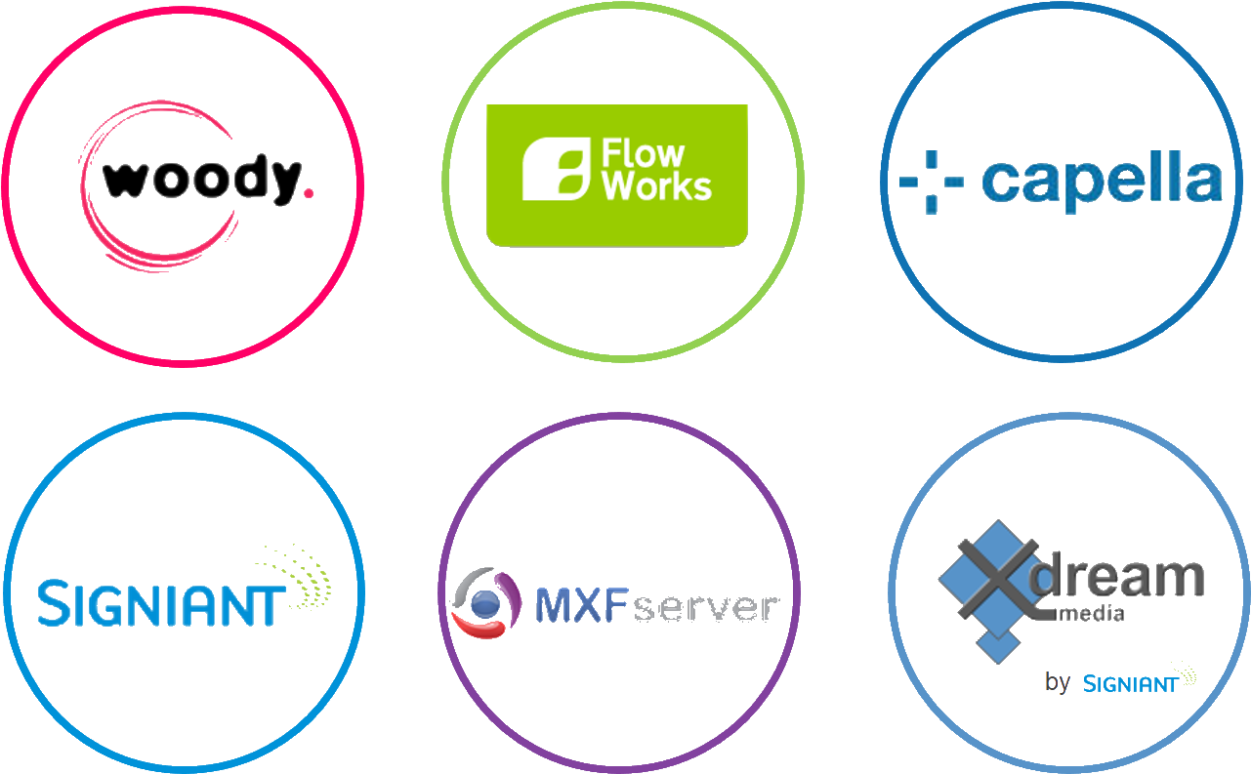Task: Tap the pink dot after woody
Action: pos(309,194)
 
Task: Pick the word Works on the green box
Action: pos(656,185)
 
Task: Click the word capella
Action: pos(1101,181)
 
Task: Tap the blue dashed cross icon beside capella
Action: pos(930,182)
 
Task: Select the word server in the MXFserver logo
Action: pos(705,607)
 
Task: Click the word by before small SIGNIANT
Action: pos(1057,682)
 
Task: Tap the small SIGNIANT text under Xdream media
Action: pos(1129,683)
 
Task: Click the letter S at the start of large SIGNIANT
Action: pos(50,602)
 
